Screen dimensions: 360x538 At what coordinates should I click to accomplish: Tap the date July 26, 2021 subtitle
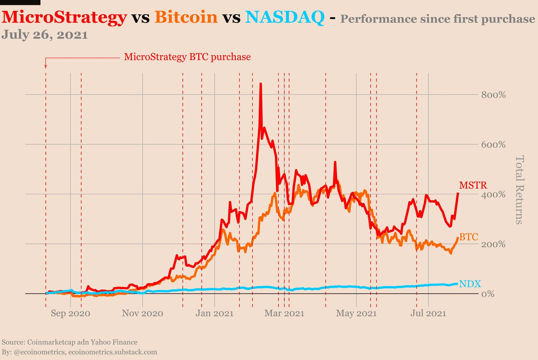tap(45, 35)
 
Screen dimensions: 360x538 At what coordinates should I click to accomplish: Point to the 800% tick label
tap(493, 95)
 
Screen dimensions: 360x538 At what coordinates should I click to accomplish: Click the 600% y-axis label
tap(493, 145)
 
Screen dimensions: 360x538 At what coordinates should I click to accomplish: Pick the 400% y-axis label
tap(493, 195)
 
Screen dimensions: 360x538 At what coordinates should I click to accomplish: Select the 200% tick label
tap(493, 244)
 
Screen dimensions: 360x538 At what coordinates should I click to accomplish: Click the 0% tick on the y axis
tap(488, 294)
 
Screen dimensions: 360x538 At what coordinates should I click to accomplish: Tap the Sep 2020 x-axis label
tap(70, 313)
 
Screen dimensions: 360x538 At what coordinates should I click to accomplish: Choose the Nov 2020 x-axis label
tap(143, 313)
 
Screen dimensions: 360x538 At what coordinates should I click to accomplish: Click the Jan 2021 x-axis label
tap(214, 313)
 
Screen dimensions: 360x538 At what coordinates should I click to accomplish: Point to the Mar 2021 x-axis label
tap(284, 313)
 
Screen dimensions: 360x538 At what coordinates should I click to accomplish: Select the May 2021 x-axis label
tap(356, 313)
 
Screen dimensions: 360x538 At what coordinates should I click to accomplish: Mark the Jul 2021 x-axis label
tap(428, 313)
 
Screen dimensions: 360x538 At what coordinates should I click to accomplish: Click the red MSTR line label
tap(473, 185)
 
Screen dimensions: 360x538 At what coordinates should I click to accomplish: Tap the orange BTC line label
tap(469, 237)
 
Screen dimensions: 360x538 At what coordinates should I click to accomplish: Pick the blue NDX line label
tap(470, 284)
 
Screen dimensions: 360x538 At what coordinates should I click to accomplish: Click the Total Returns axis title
tap(519, 190)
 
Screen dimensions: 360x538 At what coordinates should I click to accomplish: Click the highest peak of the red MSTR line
tap(260, 84)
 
